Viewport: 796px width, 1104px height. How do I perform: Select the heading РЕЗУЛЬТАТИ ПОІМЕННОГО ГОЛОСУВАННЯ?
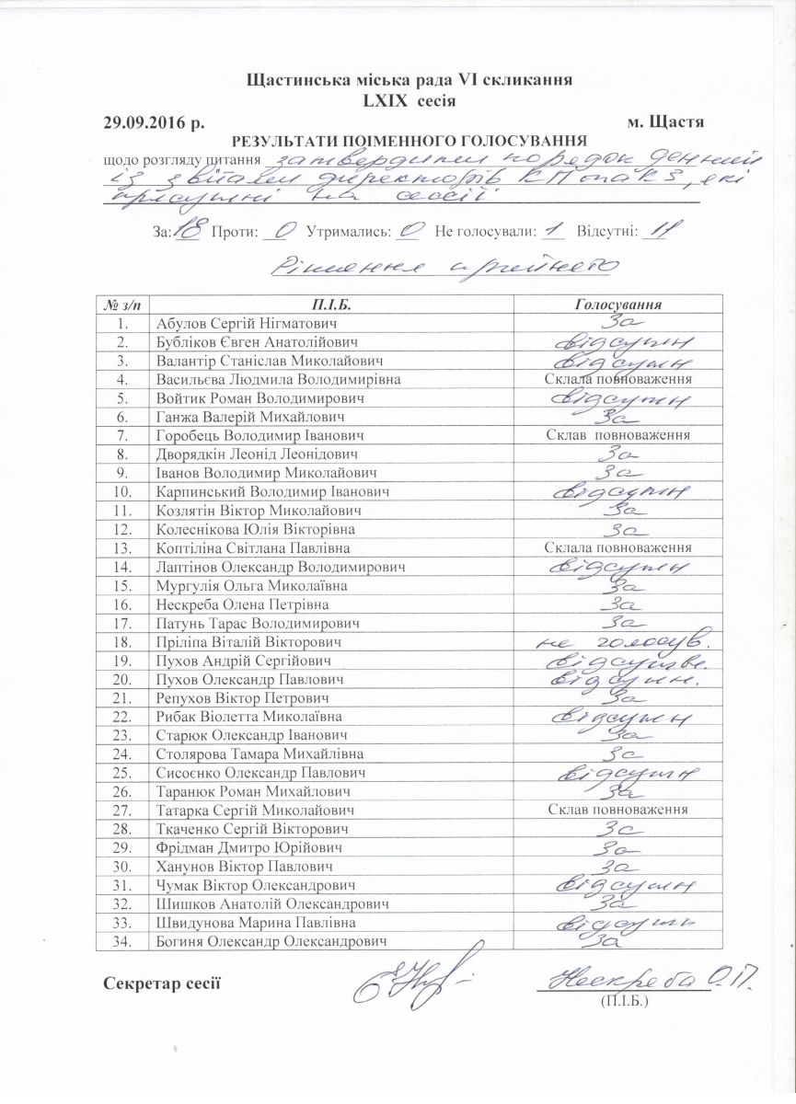pos(410,141)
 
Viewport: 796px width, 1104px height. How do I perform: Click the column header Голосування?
pos(618,305)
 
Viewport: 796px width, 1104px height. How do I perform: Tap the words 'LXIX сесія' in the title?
pos(410,99)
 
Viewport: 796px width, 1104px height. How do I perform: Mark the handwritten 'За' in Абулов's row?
pos(618,324)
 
